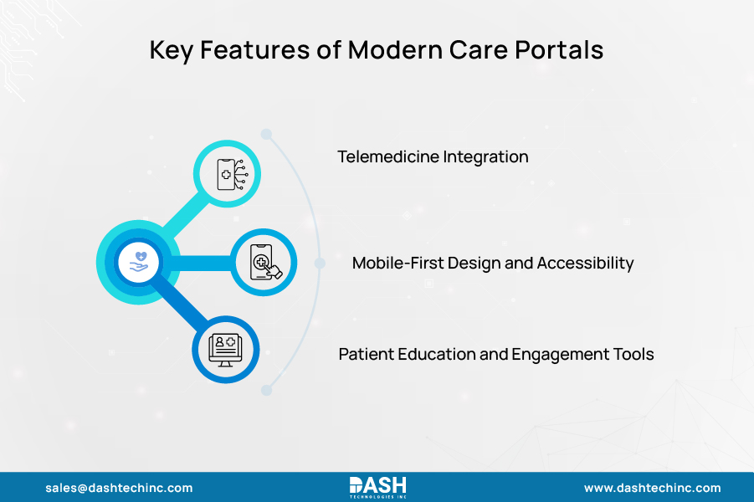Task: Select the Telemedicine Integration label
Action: click(x=433, y=156)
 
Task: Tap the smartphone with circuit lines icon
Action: click(x=227, y=174)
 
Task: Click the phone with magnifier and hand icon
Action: click(x=263, y=263)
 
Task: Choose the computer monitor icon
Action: click(x=227, y=348)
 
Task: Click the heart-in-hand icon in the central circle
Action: click(x=138, y=263)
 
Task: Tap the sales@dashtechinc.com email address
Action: click(x=119, y=488)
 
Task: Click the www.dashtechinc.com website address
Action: click(x=652, y=488)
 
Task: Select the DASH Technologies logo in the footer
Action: click(x=377, y=487)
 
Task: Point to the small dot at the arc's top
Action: click(x=266, y=134)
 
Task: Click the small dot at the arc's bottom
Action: click(x=266, y=389)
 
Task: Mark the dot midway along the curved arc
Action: click(x=320, y=263)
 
